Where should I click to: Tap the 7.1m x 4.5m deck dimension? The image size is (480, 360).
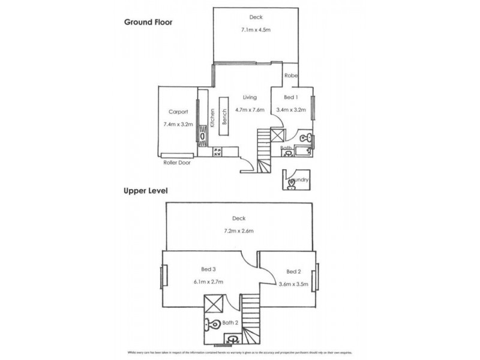pyautogui.click(x=256, y=30)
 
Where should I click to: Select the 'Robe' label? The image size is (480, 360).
pyautogui.click(x=291, y=76)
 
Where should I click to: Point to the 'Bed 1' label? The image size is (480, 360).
pyautogui.click(x=290, y=97)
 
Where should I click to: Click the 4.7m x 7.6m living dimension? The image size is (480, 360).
pyautogui.click(x=250, y=110)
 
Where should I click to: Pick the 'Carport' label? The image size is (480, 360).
pyautogui.click(x=178, y=112)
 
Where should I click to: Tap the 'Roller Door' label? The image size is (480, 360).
pyautogui.click(x=176, y=163)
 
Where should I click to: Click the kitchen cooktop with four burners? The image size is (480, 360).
pyautogui.click(x=217, y=152)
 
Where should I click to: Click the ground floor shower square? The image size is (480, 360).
pyautogui.click(x=278, y=135)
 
